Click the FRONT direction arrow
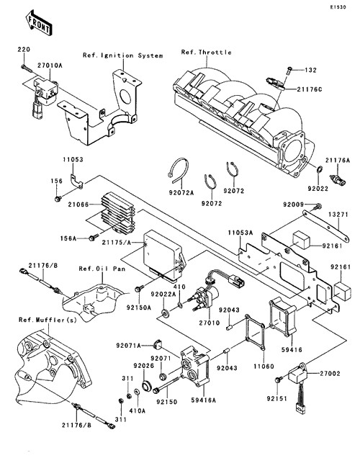click(39, 23)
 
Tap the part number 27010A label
click(50, 65)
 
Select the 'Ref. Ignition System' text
click(122, 55)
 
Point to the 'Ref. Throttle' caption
click(206, 52)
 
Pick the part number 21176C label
click(310, 89)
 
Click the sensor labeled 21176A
click(338, 180)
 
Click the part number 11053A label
click(240, 233)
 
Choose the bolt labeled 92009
click(317, 207)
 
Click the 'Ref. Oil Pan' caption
click(102, 269)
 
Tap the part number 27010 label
click(210, 323)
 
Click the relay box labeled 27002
click(298, 374)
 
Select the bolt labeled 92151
click(279, 380)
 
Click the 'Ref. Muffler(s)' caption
click(48, 320)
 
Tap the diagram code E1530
click(338, 6)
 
